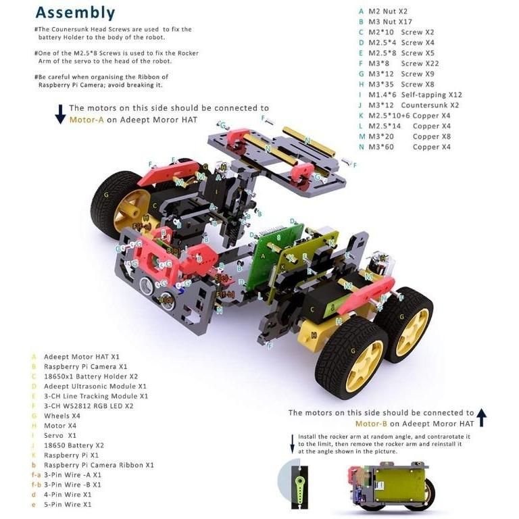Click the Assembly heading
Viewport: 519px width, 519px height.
point(74,13)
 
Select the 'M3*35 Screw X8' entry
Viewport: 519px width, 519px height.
point(401,84)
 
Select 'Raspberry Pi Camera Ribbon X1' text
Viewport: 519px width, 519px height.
point(98,465)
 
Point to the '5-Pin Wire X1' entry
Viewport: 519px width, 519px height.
point(71,504)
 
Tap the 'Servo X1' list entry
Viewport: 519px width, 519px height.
point(62,435)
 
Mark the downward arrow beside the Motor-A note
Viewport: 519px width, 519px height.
point(60,114)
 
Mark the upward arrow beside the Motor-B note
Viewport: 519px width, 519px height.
point(481,418)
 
